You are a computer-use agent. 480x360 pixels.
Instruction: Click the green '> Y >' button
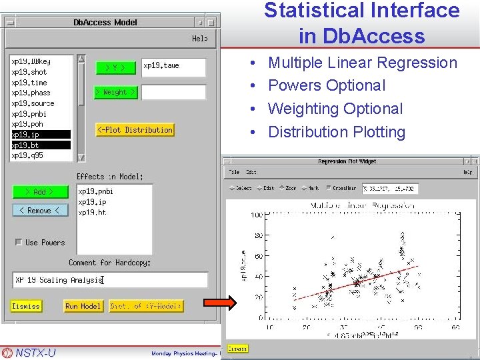(116, 67)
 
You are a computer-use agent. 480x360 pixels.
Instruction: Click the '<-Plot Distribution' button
(135, 130)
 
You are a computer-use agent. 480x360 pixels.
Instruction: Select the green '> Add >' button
(40, 192)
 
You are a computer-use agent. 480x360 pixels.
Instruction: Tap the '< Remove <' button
(40, 211)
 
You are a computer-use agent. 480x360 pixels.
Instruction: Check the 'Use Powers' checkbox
(19, 242)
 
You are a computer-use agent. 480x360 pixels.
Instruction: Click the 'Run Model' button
(83, 306)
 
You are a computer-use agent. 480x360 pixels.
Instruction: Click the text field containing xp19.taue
(173, 67)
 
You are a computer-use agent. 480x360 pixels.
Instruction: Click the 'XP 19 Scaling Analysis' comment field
(110, 280)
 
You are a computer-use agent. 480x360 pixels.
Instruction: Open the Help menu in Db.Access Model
(199, 39)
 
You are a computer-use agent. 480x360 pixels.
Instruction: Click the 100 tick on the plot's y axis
(256, 215)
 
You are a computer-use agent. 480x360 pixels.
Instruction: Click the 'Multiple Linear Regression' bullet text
(362, 63)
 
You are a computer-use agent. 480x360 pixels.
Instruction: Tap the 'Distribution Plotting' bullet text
(336, 132)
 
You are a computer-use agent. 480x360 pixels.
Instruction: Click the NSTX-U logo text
(35, 353)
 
